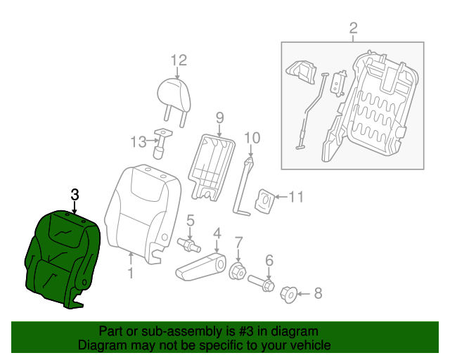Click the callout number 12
coord(178,60)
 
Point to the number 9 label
coord(219,117)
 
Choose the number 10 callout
coord(252,137)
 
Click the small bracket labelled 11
coord(265,199)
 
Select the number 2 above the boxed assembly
coord(353,28)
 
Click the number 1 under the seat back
coord(130,271)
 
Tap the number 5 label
coord(190,221)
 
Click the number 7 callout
coord(238,243)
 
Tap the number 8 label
coord(317,292)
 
